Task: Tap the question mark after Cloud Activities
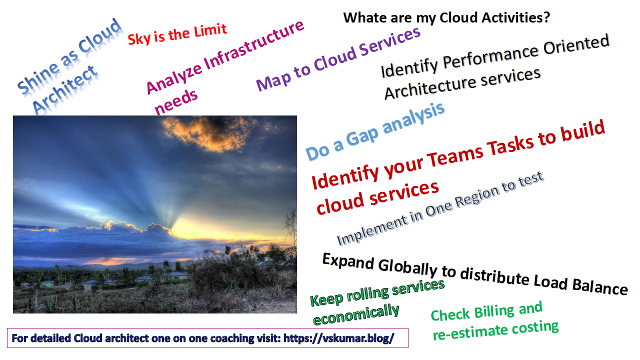click(x=546, y=17)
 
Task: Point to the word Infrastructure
click(x=254, y=45)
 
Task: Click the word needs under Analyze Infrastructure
click(x=176, y=101)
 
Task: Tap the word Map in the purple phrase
click(x=273, y=81)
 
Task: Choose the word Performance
click(x=490, y=59)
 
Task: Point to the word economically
click(x=356, y=314)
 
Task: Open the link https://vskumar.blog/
click(x=339, y=338)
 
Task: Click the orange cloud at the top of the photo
click(x=205, y=132)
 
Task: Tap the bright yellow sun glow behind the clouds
click(x=200, y=228)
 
